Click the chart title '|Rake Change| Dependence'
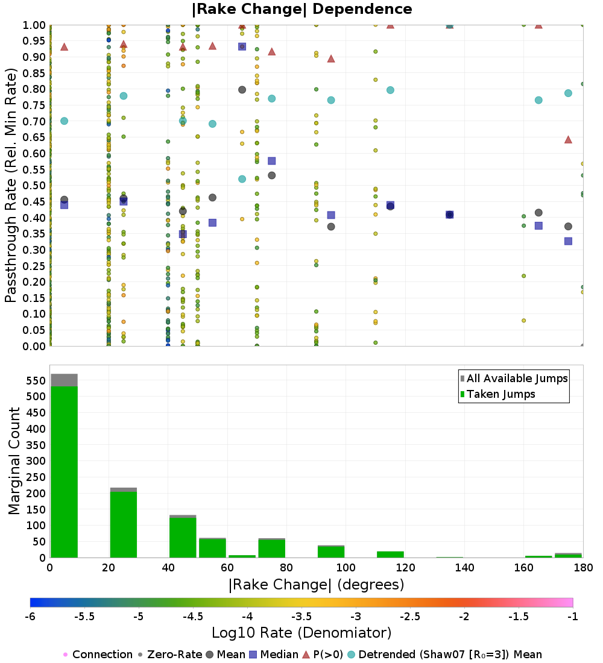[301, 9]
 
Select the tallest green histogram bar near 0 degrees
[65, 472]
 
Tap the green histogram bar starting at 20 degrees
[124, 525]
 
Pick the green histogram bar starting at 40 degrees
[183, 538]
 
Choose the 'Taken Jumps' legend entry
[497, 394]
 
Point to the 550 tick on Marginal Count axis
[36, 380]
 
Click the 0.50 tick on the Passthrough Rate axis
[34, 185]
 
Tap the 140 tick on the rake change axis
[465, 567]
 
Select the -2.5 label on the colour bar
[410, 617]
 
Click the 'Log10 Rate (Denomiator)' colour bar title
[301, 633]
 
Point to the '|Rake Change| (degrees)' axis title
[317, 585]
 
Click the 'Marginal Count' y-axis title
[14, 461]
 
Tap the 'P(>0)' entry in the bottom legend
[323, 655]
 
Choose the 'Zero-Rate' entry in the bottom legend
[170, 655]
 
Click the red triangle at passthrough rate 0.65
[568, 140]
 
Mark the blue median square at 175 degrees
[568, 241]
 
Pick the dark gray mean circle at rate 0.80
[242, 90]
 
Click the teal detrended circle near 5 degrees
[65, 121]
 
